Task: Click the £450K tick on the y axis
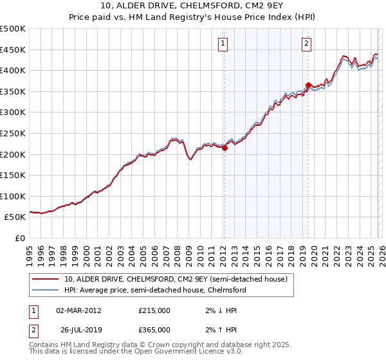coord(13,50)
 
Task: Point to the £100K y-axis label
coord(13,196)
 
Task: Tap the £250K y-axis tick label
coord(13,133)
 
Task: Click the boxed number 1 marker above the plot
coord(223,44)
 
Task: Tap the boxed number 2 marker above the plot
coord(306,44)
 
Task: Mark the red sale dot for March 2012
coord(225,148)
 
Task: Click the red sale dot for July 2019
coord(309,85)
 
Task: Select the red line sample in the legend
coord(46,279)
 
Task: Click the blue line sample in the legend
coord(46,290)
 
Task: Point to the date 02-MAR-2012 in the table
coord(78,310)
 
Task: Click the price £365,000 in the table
coord(154,329)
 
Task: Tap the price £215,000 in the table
coord(154,310)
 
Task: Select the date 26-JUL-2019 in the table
coord(78,329)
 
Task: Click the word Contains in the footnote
coord(45,345)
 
